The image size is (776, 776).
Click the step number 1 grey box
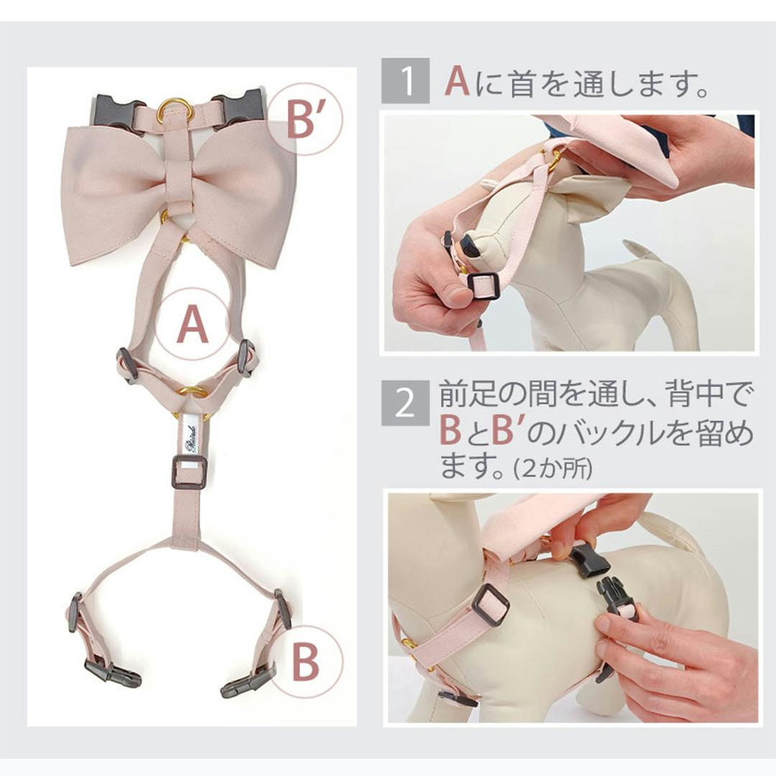(405, 80)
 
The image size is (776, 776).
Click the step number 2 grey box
(405, 403)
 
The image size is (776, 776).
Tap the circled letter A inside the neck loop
(193, 324)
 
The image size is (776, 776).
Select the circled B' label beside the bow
(306, 119)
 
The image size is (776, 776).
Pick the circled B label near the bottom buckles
(306, 662)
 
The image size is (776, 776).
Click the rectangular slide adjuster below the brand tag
(188, 471)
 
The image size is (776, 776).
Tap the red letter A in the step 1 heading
(457, 80)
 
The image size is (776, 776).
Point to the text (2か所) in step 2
(553, 468)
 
